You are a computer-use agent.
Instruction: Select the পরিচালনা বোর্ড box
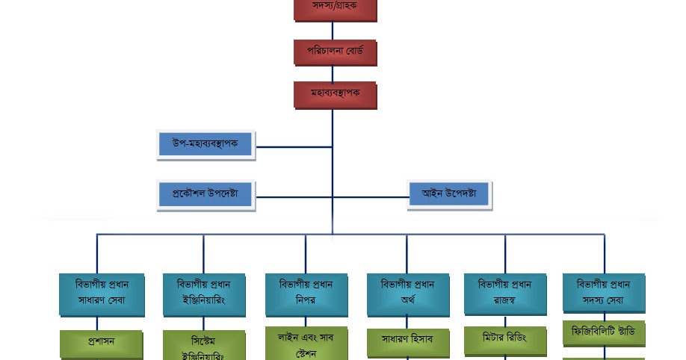point(335,52)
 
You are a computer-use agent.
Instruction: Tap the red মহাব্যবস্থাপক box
point(335,94)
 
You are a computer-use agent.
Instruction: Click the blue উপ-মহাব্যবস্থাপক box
point(206,143)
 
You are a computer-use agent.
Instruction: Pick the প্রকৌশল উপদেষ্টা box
point(206,194)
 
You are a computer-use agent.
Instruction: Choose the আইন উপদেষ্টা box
point(448,194)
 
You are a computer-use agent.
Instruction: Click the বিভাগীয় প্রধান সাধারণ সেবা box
point(101,294)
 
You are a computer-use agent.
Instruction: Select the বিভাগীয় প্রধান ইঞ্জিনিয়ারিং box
point(203,294)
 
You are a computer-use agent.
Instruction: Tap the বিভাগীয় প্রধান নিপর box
point(306,294)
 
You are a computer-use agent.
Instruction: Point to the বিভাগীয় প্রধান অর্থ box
point(407,294)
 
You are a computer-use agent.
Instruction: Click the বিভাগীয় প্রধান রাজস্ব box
point(504,293)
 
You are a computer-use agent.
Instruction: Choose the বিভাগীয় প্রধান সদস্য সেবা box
point(603,293)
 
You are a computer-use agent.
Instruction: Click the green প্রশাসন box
point(101,343)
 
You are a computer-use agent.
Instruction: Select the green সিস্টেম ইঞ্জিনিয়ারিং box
point(203,346)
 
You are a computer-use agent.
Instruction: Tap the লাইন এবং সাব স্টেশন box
point(306,344)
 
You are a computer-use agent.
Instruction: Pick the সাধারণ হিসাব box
point(407,341)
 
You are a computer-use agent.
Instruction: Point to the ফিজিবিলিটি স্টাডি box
point(603,332)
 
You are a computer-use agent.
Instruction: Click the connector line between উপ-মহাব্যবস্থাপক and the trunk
point(293,147)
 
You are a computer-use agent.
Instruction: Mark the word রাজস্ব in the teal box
point(504,301)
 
